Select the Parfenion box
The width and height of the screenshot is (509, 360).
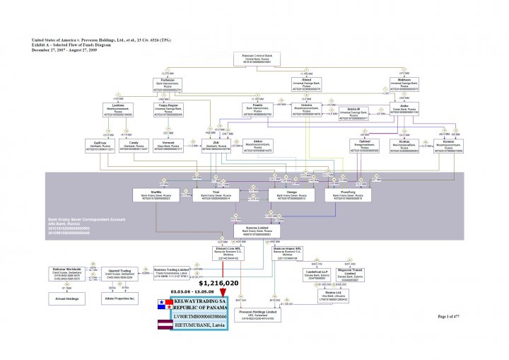click(x=168, y=86)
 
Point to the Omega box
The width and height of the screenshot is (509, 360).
click(x=292, y=194)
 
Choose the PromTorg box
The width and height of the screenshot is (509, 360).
click(x=347, y=194)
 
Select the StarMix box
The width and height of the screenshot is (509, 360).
click(x=156, y=194)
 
